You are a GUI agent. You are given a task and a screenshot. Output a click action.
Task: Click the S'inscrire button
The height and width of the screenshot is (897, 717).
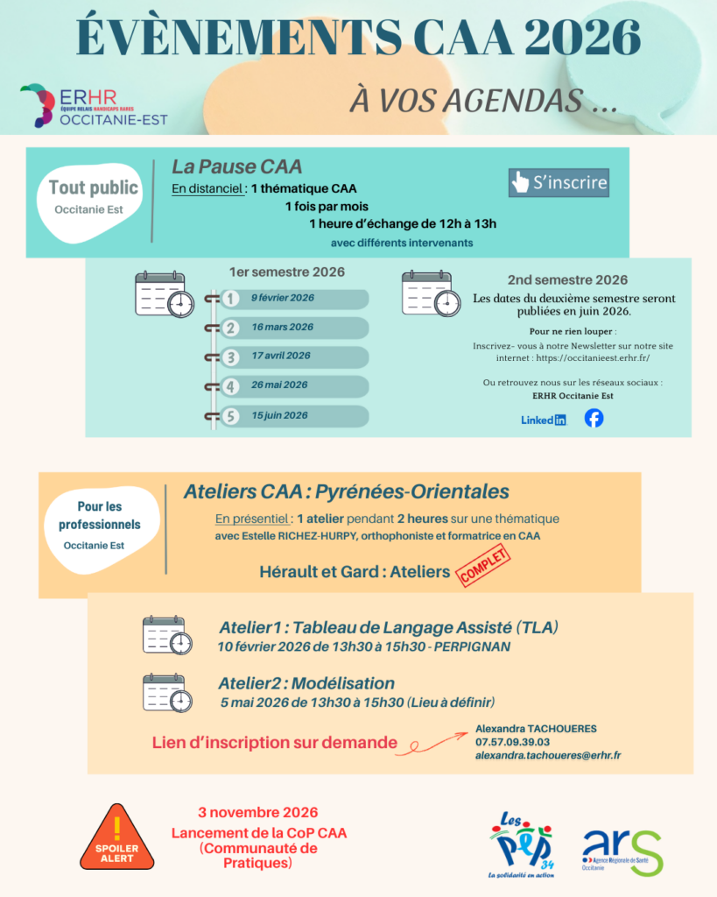coord(559,182)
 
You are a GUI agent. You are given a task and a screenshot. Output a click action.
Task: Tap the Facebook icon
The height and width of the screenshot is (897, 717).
coord(594,418)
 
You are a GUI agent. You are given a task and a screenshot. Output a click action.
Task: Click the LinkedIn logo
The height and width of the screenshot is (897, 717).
coord(544,420)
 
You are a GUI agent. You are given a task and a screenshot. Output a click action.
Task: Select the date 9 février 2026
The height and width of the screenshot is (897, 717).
coord(282,298)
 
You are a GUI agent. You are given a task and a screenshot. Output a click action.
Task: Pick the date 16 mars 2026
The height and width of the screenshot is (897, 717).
coord(282,327)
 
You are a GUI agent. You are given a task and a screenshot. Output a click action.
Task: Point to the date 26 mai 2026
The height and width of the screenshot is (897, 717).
coord(281,385)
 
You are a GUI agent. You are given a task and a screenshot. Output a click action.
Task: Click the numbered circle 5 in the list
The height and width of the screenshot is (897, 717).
coord(230,416)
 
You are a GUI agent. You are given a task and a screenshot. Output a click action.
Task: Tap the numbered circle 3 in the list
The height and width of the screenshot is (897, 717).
coord(230,357)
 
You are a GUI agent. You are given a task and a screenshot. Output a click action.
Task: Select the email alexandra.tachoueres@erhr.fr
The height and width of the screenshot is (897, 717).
coord(548,755)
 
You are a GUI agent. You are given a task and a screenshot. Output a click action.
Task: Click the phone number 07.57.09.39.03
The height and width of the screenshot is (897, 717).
coord(512,742)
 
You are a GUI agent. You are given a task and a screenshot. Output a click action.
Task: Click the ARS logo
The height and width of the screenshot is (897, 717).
coord(622,849)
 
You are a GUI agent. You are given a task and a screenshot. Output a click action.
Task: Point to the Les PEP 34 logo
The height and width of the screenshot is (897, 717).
coord(522,844)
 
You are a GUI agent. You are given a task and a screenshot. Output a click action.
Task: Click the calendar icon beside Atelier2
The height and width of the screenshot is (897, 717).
coord(167,692)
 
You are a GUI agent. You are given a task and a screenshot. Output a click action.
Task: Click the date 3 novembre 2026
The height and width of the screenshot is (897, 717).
coord(257,813)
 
